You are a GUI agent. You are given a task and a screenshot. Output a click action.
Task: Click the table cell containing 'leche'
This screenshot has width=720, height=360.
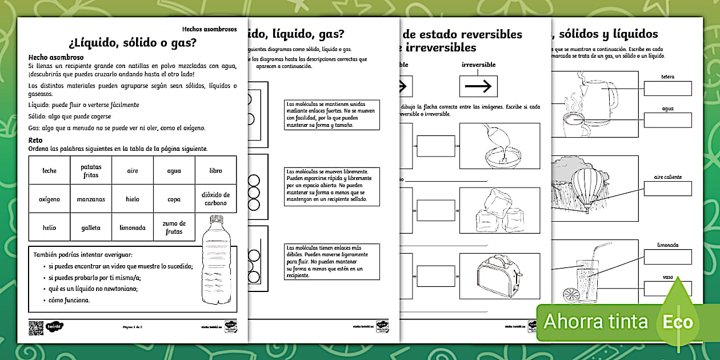50,170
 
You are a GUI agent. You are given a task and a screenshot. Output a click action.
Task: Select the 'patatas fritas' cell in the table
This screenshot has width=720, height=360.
90,170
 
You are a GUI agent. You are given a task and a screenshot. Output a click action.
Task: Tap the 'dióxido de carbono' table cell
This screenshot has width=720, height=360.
215,199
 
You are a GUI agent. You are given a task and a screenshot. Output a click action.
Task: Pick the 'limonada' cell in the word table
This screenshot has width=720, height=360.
132,227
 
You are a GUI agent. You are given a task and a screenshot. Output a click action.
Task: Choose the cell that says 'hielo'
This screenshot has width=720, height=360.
132,199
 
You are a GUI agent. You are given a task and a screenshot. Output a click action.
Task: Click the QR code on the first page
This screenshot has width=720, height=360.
36,327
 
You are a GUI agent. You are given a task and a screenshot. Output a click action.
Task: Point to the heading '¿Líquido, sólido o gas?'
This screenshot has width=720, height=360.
133,42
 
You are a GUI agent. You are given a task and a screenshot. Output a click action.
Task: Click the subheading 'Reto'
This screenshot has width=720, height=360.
36,140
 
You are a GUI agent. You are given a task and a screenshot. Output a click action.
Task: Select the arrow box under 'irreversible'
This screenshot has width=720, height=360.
478,86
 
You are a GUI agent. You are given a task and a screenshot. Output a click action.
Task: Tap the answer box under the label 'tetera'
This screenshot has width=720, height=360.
668,88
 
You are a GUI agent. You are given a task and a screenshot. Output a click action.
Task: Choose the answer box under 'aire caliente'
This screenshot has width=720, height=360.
668,189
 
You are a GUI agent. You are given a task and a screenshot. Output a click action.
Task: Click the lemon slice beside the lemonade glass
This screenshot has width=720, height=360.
571,295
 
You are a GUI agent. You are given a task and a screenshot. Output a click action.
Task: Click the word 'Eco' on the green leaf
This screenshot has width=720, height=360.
677,322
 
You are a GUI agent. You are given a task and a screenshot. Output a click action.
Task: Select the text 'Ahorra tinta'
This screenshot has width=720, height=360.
595,322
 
